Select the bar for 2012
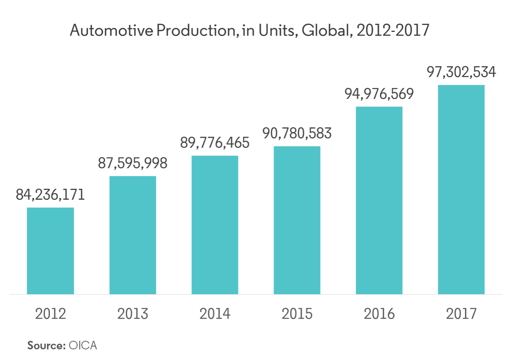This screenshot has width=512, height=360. (x=51, y=250)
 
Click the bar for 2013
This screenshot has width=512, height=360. (x=133, y=235)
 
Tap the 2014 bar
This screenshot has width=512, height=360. (x=215, y=225)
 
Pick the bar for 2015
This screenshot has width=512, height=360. (x=297, y=220)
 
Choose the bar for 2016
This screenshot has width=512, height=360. (x=379, y=200)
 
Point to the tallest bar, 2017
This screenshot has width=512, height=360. (x=461, y=189)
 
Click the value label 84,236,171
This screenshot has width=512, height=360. (x=51, y=195)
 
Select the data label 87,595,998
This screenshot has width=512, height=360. (x=133, y=163)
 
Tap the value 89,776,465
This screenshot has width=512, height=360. (x=215, y=143)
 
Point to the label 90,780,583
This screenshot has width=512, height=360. (x=297, y=133)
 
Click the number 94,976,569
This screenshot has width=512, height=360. (x=379, y=94)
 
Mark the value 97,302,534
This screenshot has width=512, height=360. (x=461, y=72)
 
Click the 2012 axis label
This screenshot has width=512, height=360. (x=51, y=314)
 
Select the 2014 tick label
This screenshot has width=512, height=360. (x=215, y=314)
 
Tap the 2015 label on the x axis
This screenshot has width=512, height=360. (x=297, y=314)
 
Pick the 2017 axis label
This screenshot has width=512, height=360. (x=461, y=314)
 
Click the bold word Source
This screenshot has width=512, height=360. (x=46, y=345)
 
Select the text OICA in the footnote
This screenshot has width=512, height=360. (x=83, y=345)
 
